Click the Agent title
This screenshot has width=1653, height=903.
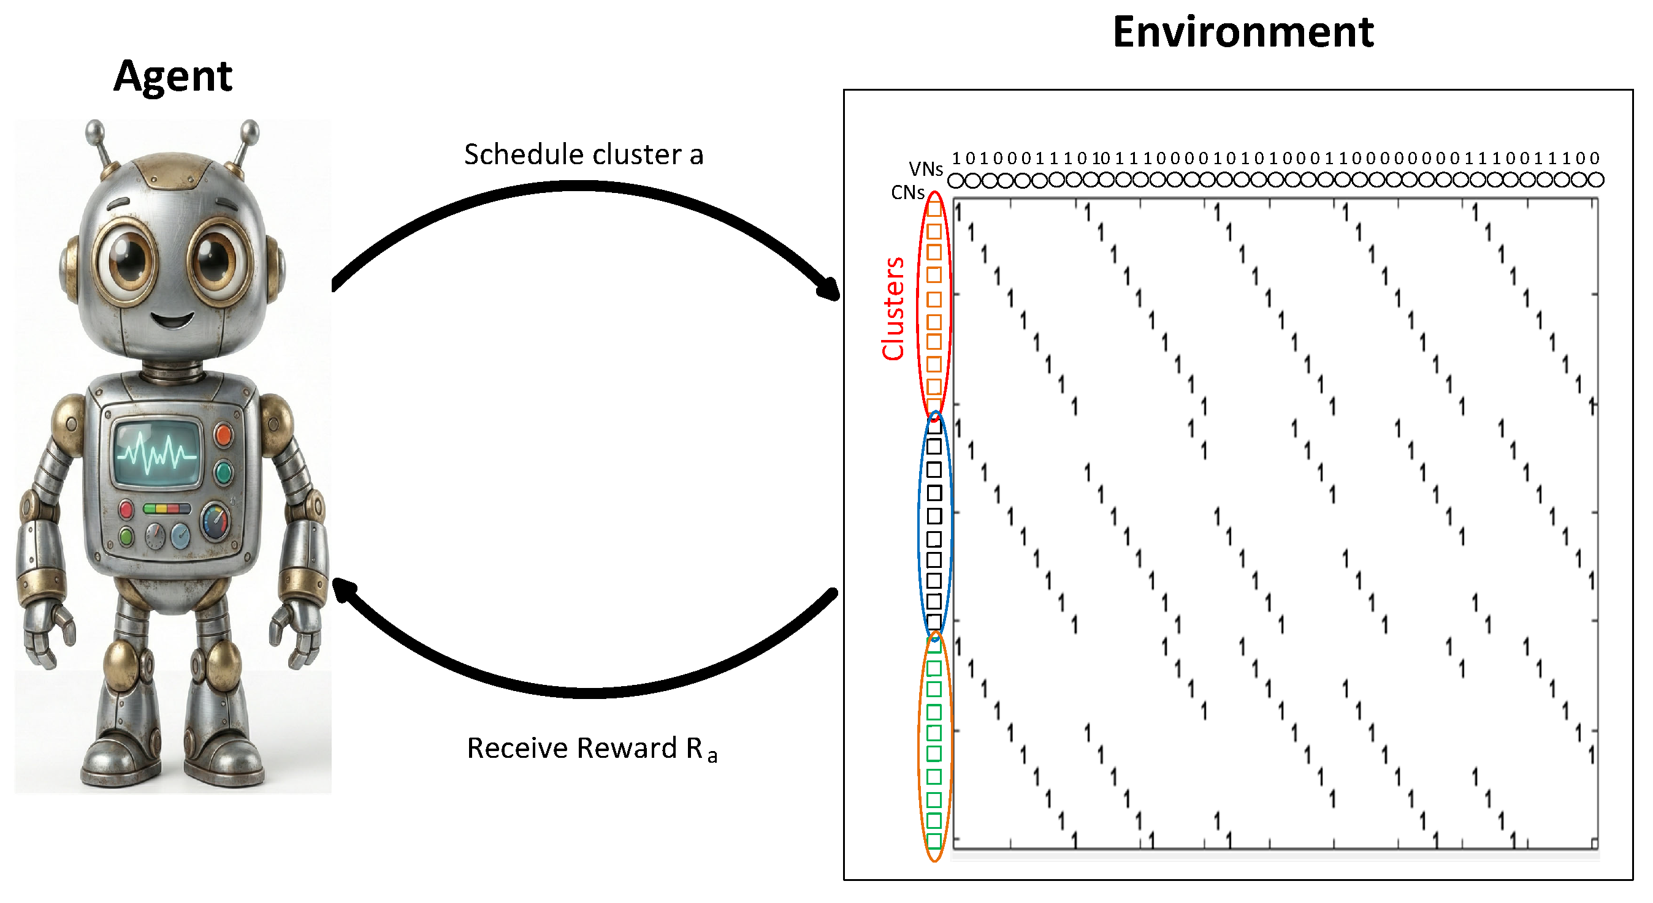pos(173,77)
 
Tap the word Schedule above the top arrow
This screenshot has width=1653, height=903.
pos(523,154)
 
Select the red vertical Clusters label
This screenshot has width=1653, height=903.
pos(893,309)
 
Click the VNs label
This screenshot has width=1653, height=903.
pos(925,168)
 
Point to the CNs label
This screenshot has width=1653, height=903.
pos(907,192)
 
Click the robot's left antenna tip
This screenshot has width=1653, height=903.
pos(95,127)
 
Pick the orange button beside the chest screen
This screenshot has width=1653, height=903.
pos(223,435)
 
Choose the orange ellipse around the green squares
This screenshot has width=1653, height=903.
pos(922,744)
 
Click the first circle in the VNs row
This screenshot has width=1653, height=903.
pos(955,181)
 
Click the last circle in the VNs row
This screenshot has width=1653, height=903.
pos(1596,181)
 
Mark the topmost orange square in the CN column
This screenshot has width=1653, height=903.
pos(934,209)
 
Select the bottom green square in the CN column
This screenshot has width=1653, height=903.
pos(934,840)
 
